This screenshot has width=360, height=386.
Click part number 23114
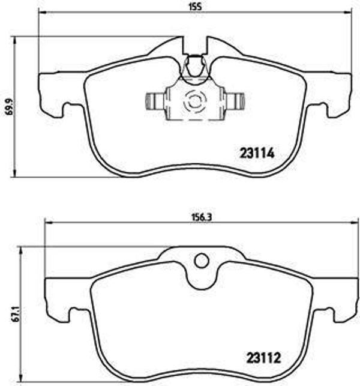point(257,153)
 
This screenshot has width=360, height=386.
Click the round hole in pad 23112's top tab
point(202,261)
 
